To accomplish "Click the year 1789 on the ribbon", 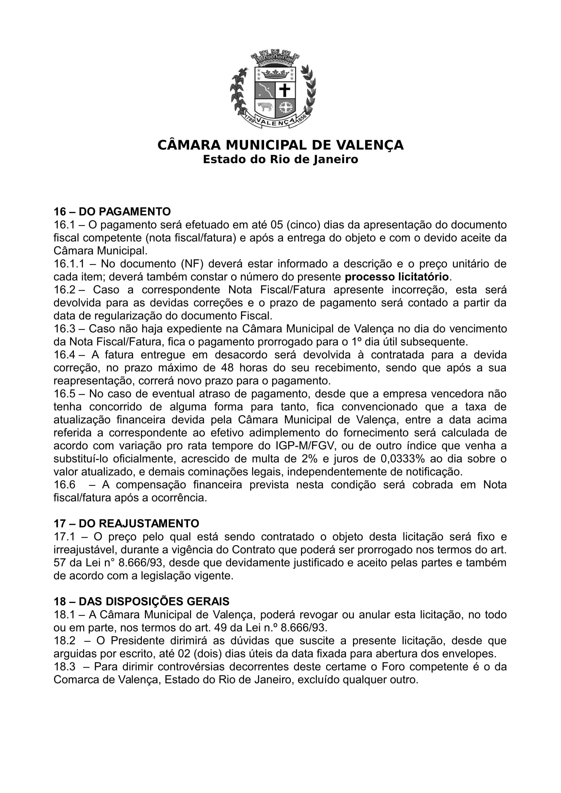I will [x=250, y=119].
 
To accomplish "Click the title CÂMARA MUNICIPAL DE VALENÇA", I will [x=280, y=145].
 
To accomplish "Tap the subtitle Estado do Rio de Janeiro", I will [x=280, y=160].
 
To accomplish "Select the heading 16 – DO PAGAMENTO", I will [x=112, y=211].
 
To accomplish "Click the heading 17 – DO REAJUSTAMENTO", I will [x=126, y=523].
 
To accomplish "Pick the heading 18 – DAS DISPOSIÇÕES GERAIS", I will [x=142, y=601].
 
